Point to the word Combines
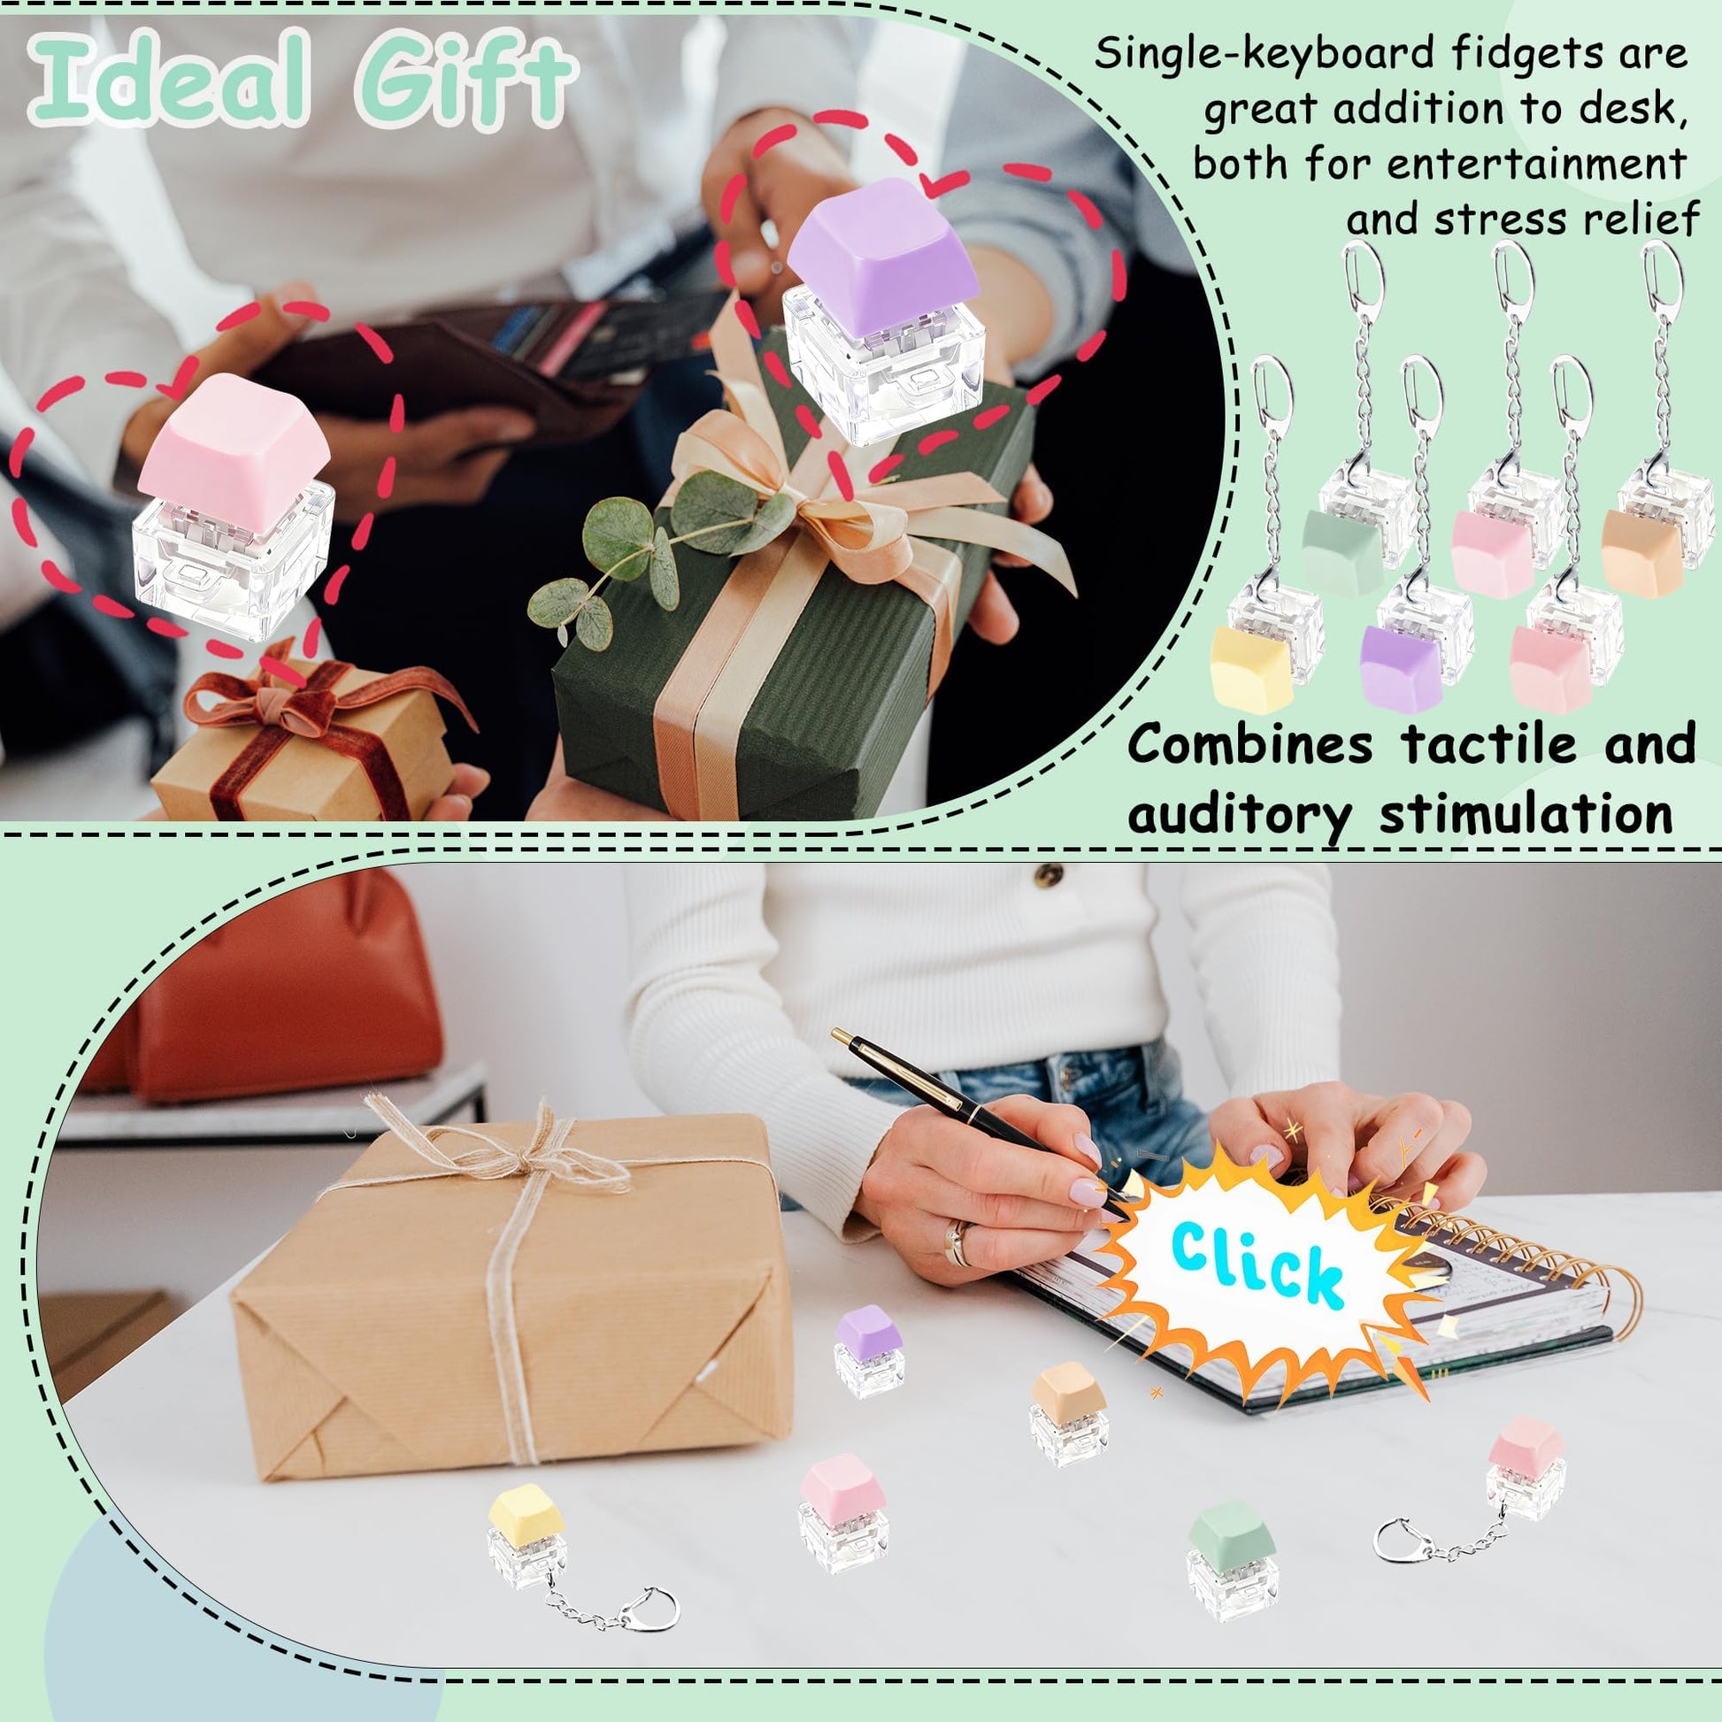(1249, 745)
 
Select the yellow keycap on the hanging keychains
(1251, 668)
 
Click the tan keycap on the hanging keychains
(1641, 550)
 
